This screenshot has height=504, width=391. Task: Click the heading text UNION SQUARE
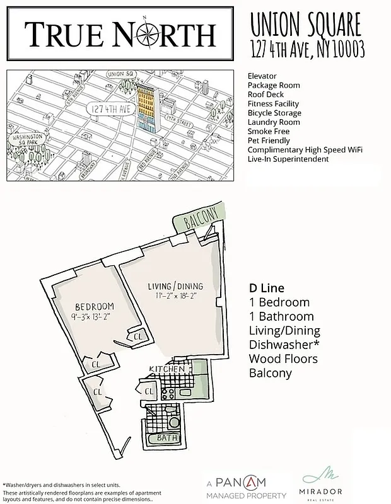click(x=306, y=26)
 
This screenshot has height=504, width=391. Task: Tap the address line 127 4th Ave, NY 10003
click(x=307, y=49)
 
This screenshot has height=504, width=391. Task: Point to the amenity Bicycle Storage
click(x=274, y=113)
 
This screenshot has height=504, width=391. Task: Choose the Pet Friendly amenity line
click(x=271, y=140)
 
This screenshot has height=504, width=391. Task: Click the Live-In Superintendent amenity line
click(x=288, y=159)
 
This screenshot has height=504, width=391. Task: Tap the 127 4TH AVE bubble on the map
click(x=110, y=108)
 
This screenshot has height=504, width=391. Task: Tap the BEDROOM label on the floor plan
click(x=94, y=306)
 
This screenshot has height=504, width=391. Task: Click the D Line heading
click(x=267, y=288)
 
